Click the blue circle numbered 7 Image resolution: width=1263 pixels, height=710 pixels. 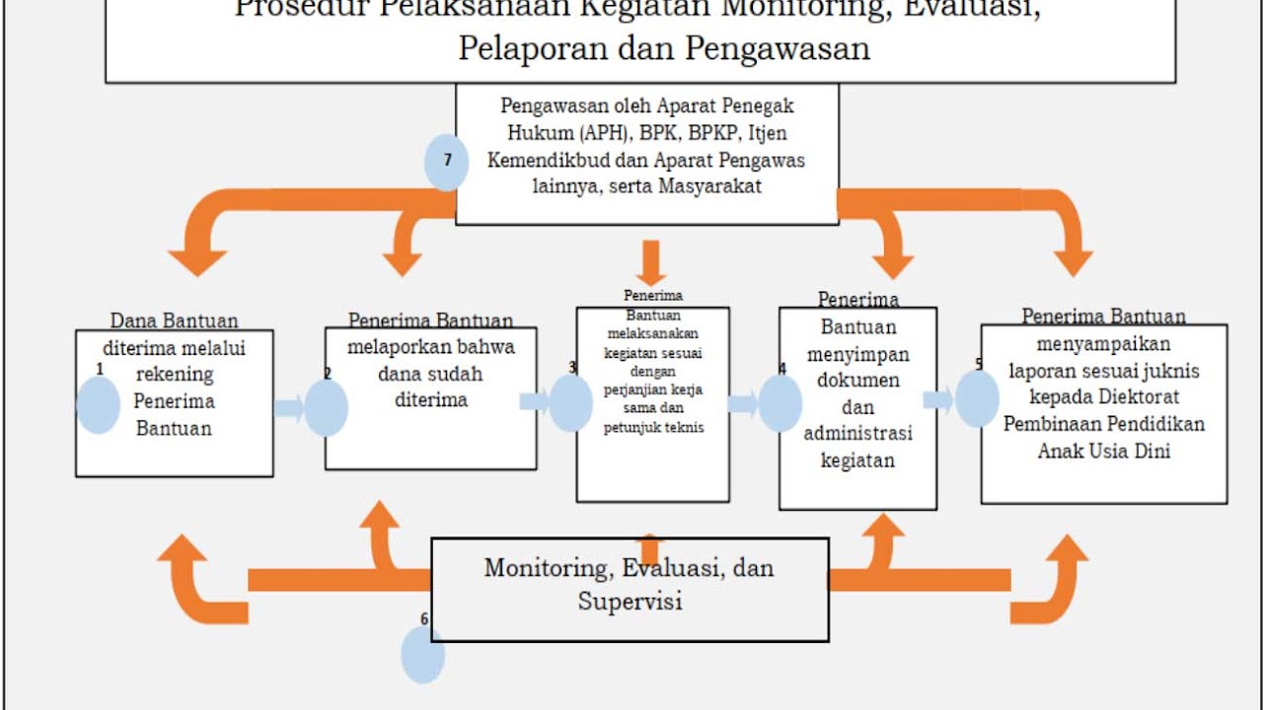tap(447, 162)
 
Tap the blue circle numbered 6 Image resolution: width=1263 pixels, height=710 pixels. tap(423, 655)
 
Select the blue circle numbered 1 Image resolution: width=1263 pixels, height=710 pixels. tap(98, 404)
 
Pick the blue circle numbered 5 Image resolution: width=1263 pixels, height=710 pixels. tap(977, 398)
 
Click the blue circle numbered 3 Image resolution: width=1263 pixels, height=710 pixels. tap(570, 403)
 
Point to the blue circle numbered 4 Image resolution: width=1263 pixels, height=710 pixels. tap(780, 403)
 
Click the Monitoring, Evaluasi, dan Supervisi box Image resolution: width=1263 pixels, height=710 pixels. tap(630, 589)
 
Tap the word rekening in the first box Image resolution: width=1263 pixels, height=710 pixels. tap(175, 375)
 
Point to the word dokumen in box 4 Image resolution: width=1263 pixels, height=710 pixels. tap(857, 381)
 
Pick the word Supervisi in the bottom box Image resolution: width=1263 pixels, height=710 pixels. tap(630, 601)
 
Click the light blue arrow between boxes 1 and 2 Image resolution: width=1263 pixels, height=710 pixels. tap(290, 407)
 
